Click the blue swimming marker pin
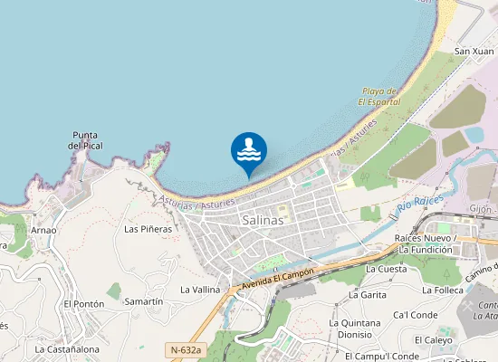click(x=249, y=151)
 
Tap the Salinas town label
click(x=263, y=220)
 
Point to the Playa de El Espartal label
click(x=378, y=97)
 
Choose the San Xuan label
click(x=474, y=52)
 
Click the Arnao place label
click(x=43, y=230)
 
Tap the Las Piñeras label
click(x=148, y=229)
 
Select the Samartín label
click(x=144, y=300)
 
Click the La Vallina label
click(x=200, y=290)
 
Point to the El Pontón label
click(x=84, y=305)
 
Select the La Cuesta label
click(x=387, y=269)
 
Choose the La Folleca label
click(x=443, y=291)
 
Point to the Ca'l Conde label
click(x=416, y=315)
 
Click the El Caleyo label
click(x=436, y=340)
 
